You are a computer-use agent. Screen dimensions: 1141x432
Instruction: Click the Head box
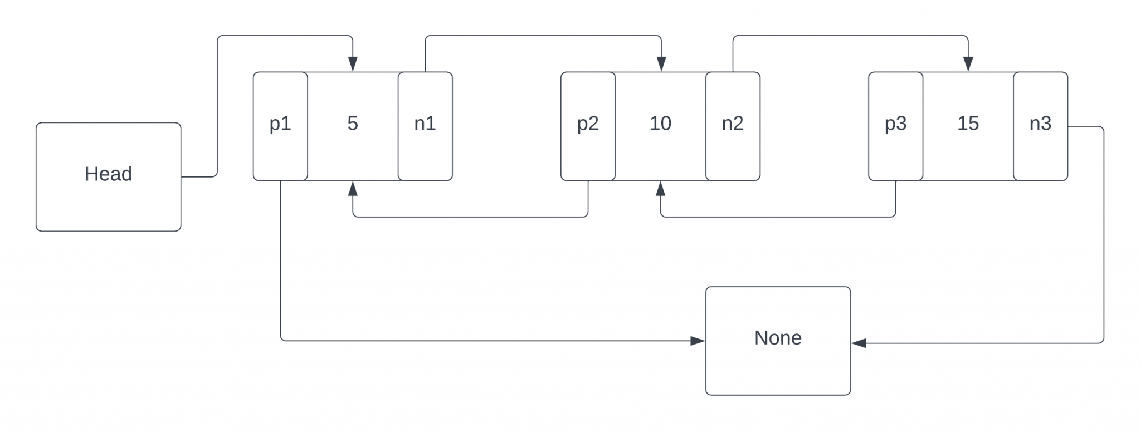pyautogui.click(x=109, y=177)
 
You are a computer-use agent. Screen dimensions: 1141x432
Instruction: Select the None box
pyautogui.click(x=778, y=341)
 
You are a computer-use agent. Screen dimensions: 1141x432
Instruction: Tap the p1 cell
pyautogui.click(x=280, y=126)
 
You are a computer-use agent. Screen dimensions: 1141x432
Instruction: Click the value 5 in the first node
pyautogui.click(x=353, y=124)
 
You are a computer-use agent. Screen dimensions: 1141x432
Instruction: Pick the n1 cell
pyautogui.click(x=425, y=126)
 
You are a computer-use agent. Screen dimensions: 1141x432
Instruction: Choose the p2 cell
pyautogui.click(x=588, y=126)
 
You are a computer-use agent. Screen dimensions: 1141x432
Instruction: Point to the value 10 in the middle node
pyautogui.click(x=660, y=124)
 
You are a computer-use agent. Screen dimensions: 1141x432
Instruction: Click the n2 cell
pyautogui.click(x=733, y=126)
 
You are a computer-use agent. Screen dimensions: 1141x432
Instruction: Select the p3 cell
pyautogui.click(x=895, y=126)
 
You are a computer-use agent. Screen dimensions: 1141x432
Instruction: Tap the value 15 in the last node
pyautogui.click(x=968, y=124)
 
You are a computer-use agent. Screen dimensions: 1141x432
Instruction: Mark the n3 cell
pyautogui.click(x=1040, y=126)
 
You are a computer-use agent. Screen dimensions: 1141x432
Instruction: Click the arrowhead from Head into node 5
pyautogui.click(x=353, y=64)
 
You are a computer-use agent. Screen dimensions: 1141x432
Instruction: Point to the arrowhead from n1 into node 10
pyautogui.click(x=661, y=64)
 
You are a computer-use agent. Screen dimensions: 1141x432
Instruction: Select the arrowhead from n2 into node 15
pyautogui.click(x=968, y=64)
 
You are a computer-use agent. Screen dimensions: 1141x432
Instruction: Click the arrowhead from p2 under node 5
pyautogui.click(x=353, y=189)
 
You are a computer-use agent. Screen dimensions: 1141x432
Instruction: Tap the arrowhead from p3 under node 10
pyautogui.click(x=660, y=189)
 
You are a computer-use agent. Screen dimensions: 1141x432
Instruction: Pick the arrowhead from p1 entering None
pyautogui.click(x=698, y=341)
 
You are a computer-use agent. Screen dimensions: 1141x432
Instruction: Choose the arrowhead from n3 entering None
pyautogui.click(x=859, y=343)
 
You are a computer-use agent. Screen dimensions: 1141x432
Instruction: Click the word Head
pyautogui.click(x=109, y=174)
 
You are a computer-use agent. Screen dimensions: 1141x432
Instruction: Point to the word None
pyautogui.click(x=778, y=338)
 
